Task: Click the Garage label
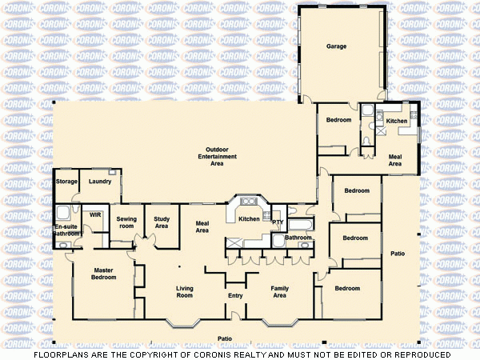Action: point(336,46)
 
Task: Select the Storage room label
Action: point(67,182)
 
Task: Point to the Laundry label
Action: point(100,182)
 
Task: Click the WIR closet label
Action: point(94,215)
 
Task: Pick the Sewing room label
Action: point(126,222)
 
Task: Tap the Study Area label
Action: point(162,222)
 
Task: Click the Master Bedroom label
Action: point(104,274)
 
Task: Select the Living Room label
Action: point(185,292)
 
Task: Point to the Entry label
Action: point(235,296)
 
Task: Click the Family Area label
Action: point(279,292)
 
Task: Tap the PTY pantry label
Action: point(278,222)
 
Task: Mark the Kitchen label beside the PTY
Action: point(249,218)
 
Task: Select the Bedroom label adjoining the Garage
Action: point(338,119)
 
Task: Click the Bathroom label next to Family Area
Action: point(298,238)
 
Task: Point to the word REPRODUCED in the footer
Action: point(422,354)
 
